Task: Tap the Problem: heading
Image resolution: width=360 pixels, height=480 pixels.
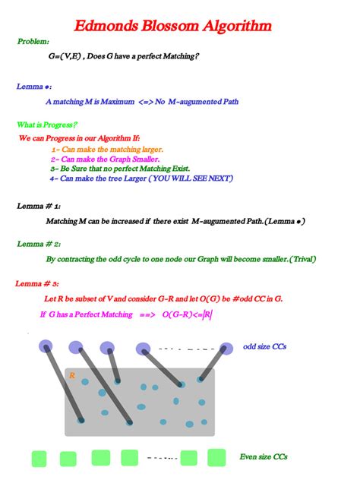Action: click(33, 41)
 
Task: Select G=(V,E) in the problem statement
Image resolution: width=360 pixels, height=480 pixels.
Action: click(67, 56)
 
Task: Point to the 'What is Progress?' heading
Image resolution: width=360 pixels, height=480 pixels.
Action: click(47, 124)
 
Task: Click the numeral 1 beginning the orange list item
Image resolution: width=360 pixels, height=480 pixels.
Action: click(53, 150)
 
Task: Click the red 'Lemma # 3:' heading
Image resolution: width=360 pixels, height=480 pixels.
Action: click(38, 283)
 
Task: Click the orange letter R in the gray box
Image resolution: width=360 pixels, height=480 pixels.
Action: click(71, 375)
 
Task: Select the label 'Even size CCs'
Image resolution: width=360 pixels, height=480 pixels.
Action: click(264, 456)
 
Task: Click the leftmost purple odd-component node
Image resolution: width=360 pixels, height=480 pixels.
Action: click(45, 347)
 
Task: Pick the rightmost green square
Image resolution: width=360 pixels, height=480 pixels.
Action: click(216, 457)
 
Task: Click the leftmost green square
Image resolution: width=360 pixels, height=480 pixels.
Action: click(39, 459)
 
